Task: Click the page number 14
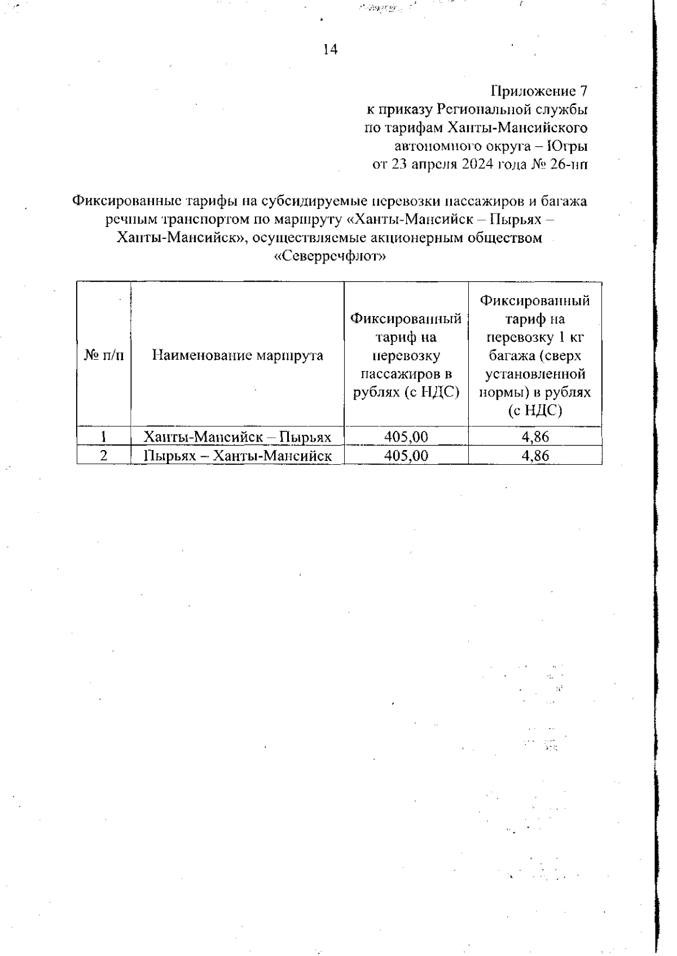[330, 50]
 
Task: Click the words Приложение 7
[540, 91]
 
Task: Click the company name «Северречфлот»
[329, 257]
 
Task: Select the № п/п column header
[104, 355]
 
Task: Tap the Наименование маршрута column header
[238, 355]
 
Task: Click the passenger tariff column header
[406, 355]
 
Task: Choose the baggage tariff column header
[535, 355]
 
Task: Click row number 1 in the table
[104, 436]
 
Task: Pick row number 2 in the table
[104, 456]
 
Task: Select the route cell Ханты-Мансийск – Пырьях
[237, 436]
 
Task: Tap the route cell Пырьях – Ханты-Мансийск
[237, 456]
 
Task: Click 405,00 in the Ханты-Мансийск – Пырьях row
[406, 436]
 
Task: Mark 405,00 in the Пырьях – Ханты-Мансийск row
[406, 456]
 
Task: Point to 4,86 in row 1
[535, 436]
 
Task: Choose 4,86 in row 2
[535, 456]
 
